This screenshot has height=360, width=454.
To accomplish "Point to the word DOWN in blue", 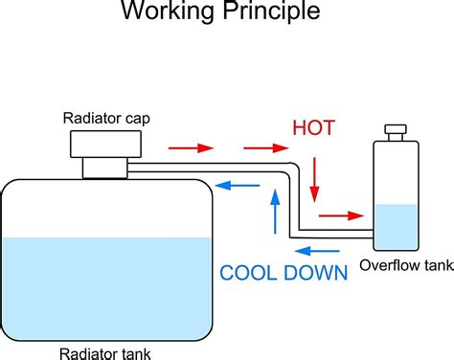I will tap(314, 272).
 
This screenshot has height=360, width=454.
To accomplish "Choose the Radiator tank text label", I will tap(105, 353).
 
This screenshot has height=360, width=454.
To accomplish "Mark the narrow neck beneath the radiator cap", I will tap(104, 168).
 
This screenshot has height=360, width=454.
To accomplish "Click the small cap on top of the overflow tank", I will tap(394, 129).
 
